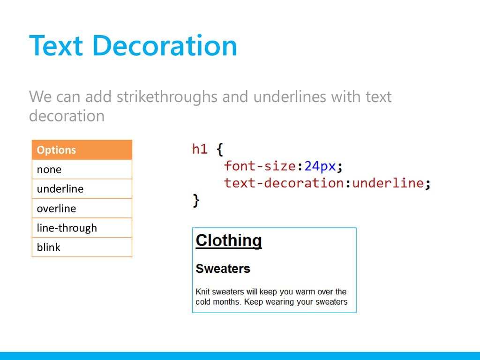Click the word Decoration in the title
click(x=165, y=45)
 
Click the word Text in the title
click(x=56, y=45)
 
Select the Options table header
click(x=82, y=150)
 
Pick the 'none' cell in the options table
click(x=82, y=169)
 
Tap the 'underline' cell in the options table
click(x=82, y=189)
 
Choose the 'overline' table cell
click(x=82, y=209)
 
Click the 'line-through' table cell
click(x=82, y=228)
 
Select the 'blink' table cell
click(x=82, y=247)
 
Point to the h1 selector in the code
click(x=200, y=149)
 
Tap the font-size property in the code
click(x=260, y=166)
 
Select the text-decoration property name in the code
click(x=284, y=183)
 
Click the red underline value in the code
click(x=388, y=183)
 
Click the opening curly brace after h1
click(x=220, y=150)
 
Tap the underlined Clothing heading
click(x=229, y=240)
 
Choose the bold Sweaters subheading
click(x=223, y=269)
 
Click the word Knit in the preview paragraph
click(x=202, y=292)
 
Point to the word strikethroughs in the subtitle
click(x=167, y=97)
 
